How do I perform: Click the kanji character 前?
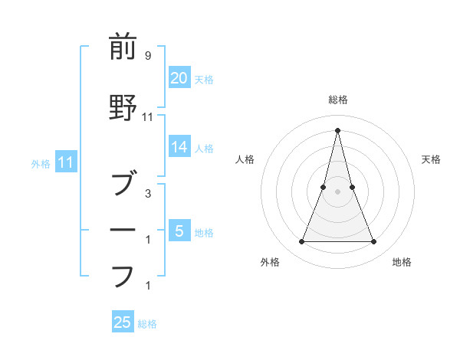[x=123, y=47]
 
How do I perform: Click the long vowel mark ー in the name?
[x=123, y=229]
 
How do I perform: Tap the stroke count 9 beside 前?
[x=148, y=55]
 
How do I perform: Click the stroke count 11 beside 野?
[x=148, y=116]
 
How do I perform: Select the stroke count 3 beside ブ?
[x=148, y=193]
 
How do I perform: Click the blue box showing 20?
[x=179, y=78]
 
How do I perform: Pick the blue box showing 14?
[x=179, y=148]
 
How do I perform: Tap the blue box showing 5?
[x=179, y=231]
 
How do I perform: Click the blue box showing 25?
[x=123, y=322]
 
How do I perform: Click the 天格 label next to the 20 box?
[x=204, y=79]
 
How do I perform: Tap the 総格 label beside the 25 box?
[x=147, y=324]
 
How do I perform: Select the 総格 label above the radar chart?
[x=337, y=100]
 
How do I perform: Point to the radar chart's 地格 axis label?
[x=402, y=262]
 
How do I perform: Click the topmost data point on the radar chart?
[x=337, y=129]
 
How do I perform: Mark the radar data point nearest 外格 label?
[x=301, y=242]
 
